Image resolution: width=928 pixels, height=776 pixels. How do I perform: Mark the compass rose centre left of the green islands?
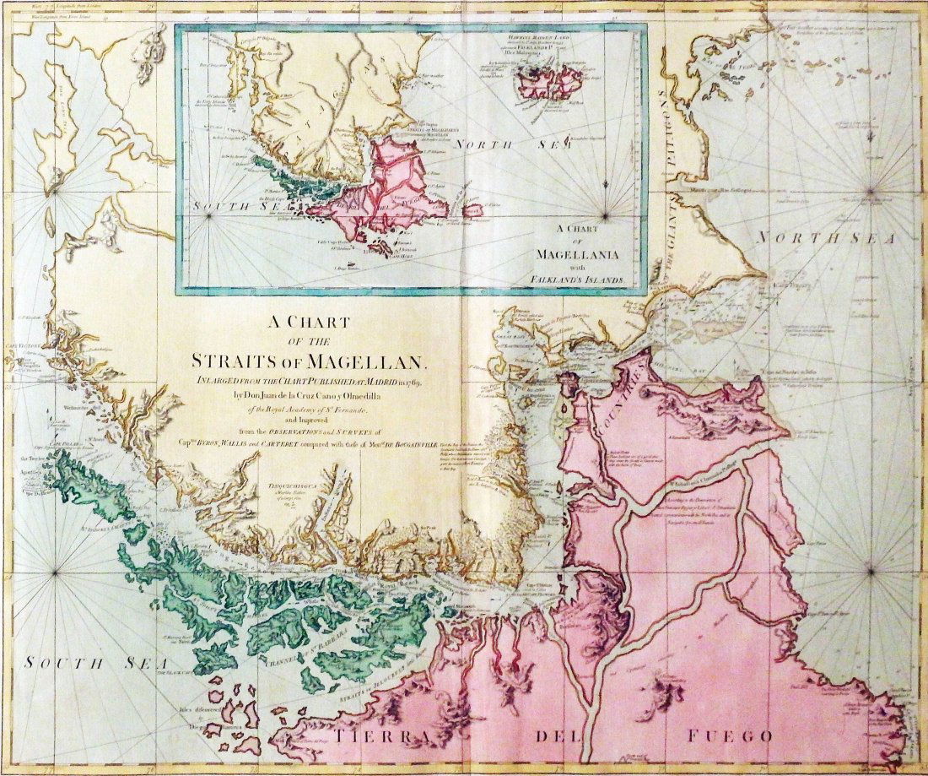click(x=55, y=573)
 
